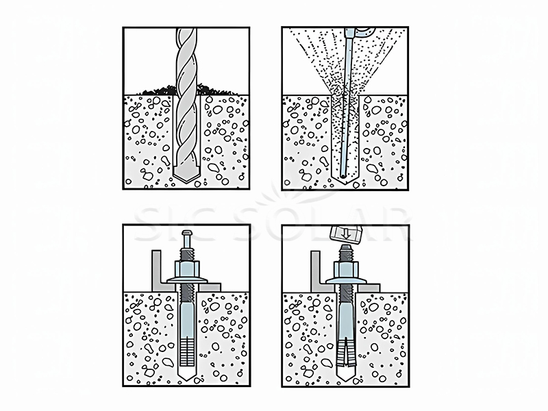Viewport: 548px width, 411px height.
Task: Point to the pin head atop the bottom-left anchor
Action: tap(186, 236)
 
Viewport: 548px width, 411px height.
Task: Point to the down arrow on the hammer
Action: tap(345, 233)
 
